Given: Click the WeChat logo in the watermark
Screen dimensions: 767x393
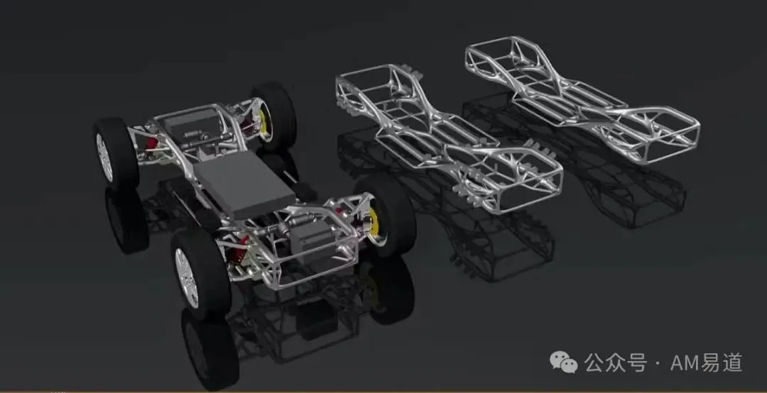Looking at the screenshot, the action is click(x=563, y=362).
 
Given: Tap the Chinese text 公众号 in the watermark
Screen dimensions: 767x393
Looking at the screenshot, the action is click(x=616, y=362).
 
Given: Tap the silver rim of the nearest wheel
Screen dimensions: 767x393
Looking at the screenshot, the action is click(x=186, y=277).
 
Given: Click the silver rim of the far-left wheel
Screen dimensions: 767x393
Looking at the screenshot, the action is click(x=104, y=157).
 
